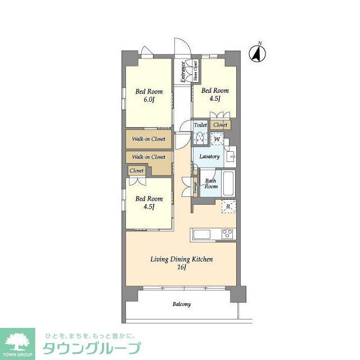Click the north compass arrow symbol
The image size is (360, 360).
click(258, 53)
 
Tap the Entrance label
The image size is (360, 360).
click(183, 71)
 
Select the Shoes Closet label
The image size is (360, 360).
click(195, 72)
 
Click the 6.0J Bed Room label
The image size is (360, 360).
click(148, 95)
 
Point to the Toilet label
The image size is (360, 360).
click(200, 124)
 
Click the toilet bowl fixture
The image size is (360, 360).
click(200, 137)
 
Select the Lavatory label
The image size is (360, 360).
click(209, 156)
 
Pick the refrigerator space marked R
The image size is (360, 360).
click(228, 206)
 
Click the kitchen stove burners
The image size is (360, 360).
click(228, 233)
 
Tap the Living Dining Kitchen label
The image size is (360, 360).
click(181, 259)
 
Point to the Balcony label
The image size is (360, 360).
click(181, 304)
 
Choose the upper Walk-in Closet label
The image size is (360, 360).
click(148, 138)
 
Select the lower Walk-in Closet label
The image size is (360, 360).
click(148, 157)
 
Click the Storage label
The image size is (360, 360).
click(195, 188)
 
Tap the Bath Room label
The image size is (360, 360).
click(211, 183)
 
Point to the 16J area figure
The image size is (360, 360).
click(182, 268)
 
